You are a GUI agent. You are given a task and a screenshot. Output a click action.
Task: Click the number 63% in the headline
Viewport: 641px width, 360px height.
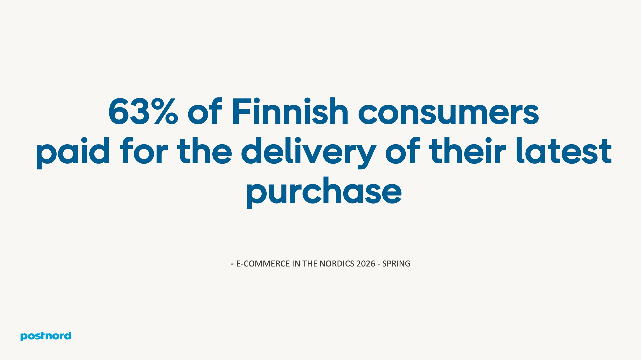pos(143,111)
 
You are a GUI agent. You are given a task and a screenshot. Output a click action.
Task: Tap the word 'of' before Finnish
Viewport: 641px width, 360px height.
pos(205,111)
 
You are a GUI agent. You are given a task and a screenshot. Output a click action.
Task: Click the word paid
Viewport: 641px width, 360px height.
pos(73,151)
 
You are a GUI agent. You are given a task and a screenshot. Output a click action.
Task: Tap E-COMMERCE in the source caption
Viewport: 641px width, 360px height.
pos(263,264)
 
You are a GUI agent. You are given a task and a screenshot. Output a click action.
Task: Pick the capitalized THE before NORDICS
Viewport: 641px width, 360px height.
pos(310,264)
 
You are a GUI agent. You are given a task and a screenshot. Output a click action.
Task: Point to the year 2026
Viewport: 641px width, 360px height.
pos(366,264)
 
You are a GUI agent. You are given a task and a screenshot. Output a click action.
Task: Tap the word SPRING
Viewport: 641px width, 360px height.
pos(396,264)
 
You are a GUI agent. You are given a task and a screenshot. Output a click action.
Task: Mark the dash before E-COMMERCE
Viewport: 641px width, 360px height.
pos(232,264)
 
